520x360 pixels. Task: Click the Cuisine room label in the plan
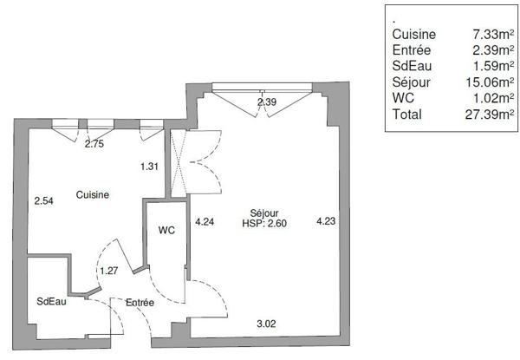(x=93, y=194)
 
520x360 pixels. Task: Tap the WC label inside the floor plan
(x=166, y=230)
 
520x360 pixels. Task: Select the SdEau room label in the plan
(x=51, y=301)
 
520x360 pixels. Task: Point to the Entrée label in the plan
(x=140, y=302)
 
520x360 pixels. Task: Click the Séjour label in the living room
(x=264, y=213)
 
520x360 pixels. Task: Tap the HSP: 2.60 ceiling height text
(x=264, y=223)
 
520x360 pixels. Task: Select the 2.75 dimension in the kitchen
(x=94, y=144)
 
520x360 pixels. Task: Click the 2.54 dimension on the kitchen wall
(x=44, y=200)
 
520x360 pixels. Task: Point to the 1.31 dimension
(x=149, y=167)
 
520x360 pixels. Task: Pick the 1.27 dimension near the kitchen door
(x=109, y=271)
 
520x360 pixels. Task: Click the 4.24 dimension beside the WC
(x=205, y=222)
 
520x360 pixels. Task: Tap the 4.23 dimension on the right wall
(x=326, y=221)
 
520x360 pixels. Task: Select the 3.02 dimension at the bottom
(x=266, y=324)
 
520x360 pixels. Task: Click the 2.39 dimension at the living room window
(x=267, y=101)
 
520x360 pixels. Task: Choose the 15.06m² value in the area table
(x=490, y=82)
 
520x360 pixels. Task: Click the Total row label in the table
(x=407, y=115)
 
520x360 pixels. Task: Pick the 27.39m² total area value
(x=490, y=115)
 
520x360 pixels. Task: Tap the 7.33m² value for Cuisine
(x=493, y=34)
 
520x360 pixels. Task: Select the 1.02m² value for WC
(x=493, y=98)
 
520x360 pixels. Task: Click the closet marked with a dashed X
(x=179, y=161)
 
